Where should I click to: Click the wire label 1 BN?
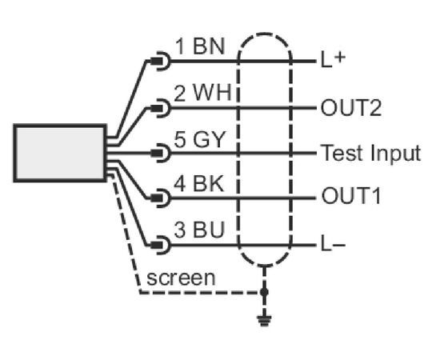[200, 46]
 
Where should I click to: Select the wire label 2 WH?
[202, 93]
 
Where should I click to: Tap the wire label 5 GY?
[199, 139]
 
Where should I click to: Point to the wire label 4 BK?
[199, 184]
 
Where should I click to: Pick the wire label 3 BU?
[199, 230]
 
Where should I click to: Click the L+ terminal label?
[333, 60]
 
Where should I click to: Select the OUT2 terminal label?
[351, 108]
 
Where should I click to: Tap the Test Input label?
[370, 153]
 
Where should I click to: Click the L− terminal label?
[333, 244]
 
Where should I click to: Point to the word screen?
[181, 278]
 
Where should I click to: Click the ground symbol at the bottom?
[264, 321]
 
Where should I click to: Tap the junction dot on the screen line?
[264, 292]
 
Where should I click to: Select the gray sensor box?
[60, 154]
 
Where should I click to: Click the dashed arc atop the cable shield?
[265, 34]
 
